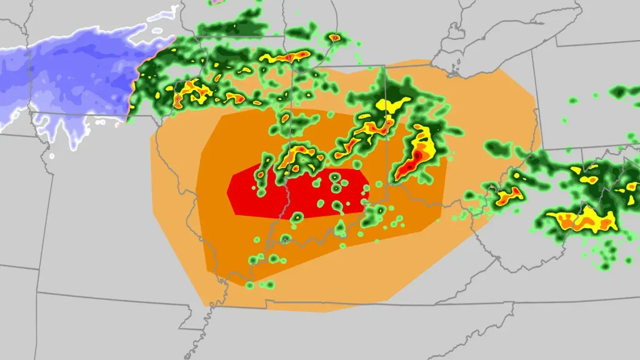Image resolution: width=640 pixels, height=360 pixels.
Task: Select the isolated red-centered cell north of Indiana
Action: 335,38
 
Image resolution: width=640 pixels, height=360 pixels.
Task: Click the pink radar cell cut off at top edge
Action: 216,2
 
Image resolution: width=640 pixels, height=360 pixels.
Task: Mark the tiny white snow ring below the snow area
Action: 52,156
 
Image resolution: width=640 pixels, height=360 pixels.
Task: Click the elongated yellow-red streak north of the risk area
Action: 287,57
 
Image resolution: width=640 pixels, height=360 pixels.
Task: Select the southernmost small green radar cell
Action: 249,285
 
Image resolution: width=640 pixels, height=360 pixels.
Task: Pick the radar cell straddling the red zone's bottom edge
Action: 298,217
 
